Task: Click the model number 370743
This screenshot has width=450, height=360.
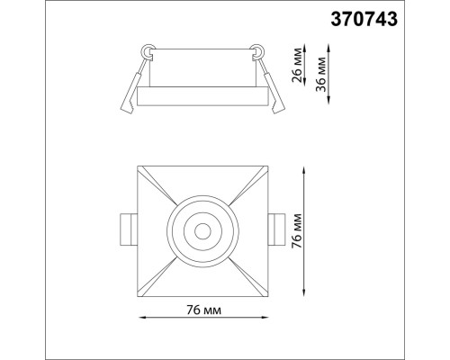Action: (364, 20)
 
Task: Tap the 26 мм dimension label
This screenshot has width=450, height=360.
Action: (297, 65)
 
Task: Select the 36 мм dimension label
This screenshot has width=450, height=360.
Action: (321, 74)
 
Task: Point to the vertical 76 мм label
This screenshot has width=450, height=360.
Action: (297, 230)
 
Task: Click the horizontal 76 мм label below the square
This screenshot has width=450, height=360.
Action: (203, 310)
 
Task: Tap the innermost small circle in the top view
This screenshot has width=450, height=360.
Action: (202, 231)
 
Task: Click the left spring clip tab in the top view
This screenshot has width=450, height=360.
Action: (129, 229)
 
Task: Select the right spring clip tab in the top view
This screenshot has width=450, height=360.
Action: (276, 229)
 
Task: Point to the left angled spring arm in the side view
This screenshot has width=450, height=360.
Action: (134, 86)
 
